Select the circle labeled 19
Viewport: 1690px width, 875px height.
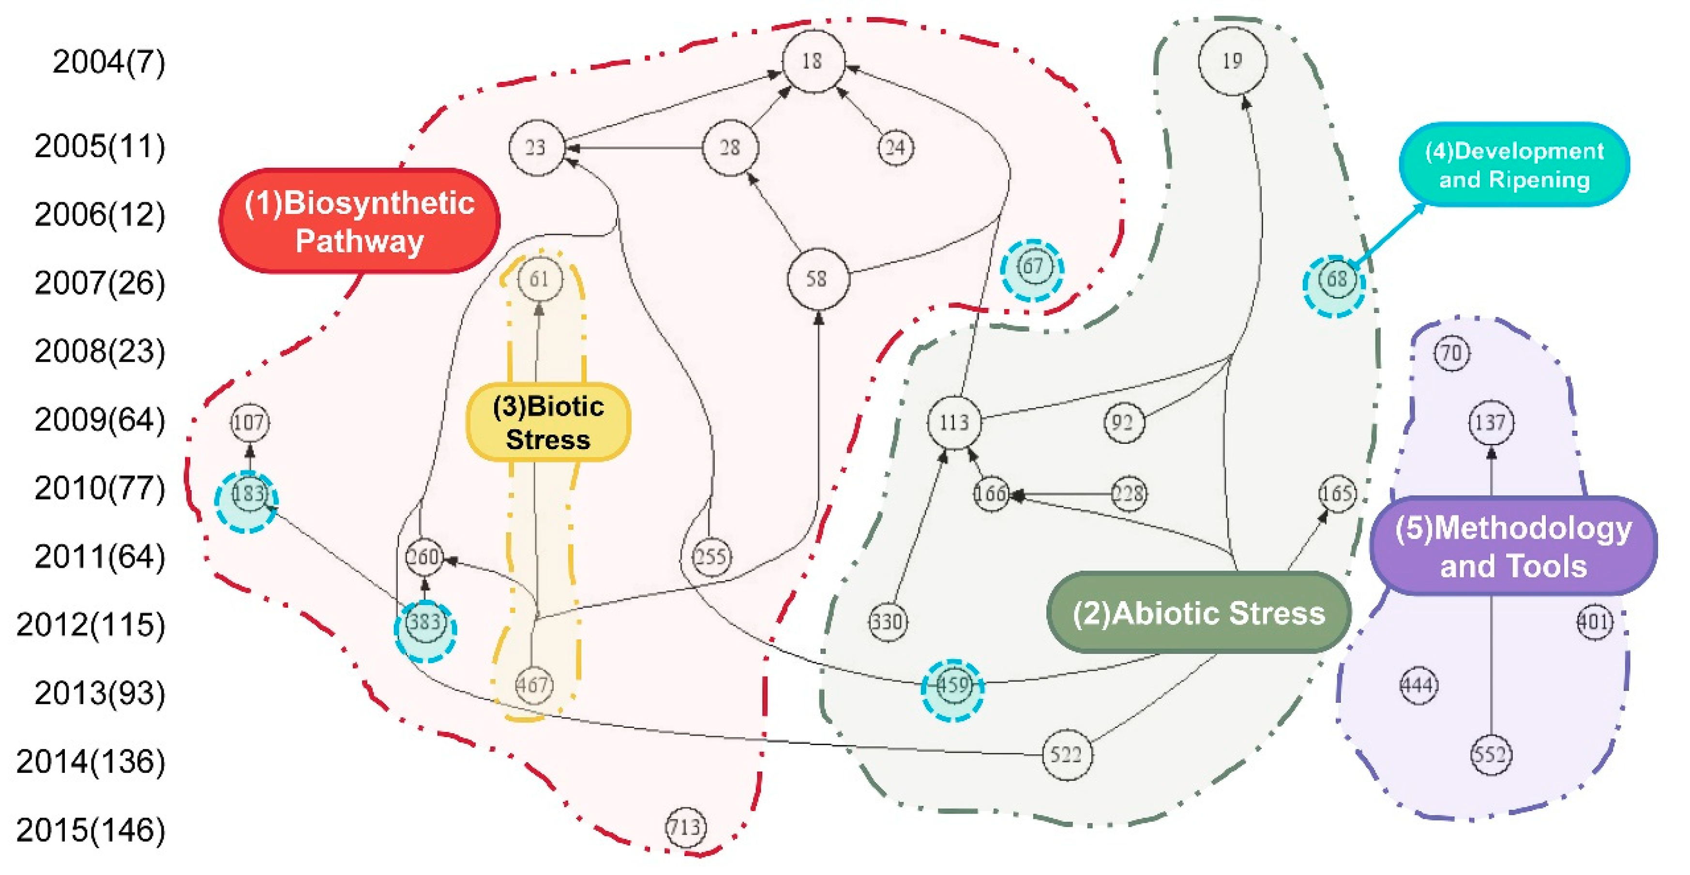1232,61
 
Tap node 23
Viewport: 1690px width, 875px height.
536,148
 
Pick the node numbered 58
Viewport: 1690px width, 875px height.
817,279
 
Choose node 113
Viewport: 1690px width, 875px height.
954,422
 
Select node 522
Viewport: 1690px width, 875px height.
1067,754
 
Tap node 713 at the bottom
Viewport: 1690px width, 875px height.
686,828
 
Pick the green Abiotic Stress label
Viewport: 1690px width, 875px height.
1199,613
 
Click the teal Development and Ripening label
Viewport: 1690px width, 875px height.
1514,166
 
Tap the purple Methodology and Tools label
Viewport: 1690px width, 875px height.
1513,546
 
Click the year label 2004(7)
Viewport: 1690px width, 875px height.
108,63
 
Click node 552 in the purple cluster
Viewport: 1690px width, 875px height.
1491,754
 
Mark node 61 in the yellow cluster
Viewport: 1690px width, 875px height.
539,279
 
